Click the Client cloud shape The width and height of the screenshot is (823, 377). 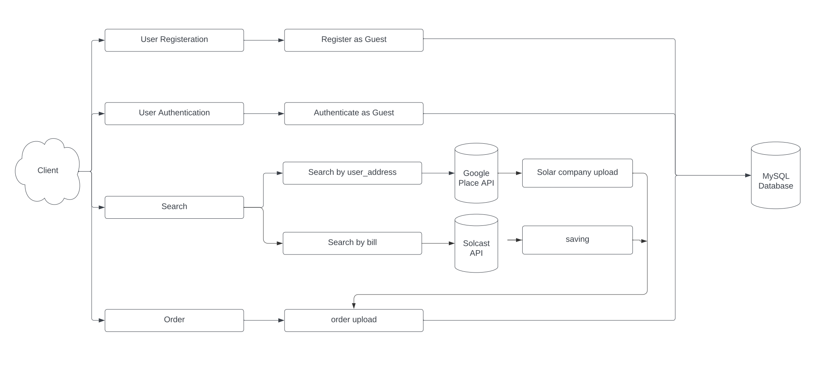(x=48, y=171)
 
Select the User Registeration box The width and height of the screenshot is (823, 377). (x=174, y=40)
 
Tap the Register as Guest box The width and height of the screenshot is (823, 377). (x=354, y=40)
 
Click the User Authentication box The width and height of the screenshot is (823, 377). (x=174, y=113)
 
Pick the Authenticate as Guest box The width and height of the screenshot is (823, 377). (x=354, y=113)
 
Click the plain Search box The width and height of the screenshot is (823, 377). (x=174, y=207)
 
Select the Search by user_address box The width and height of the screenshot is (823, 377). (x=352, y=173)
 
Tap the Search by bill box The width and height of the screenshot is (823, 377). (x=352, y=243)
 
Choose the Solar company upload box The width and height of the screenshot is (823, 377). (x=577, y=173)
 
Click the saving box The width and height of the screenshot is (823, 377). (x=577, y=240)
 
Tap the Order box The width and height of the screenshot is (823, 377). (x=174, y=320)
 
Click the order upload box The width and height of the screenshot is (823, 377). (x=354, y=320)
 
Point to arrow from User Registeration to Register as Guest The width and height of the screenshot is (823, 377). (x=264, y=40)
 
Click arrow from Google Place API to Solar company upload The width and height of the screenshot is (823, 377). (x=510, y=173)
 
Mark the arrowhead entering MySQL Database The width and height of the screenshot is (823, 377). (x=748, y=175)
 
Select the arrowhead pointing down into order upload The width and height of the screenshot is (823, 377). (x=354, y=306)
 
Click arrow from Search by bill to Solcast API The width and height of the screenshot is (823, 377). (x=438, y=243)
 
